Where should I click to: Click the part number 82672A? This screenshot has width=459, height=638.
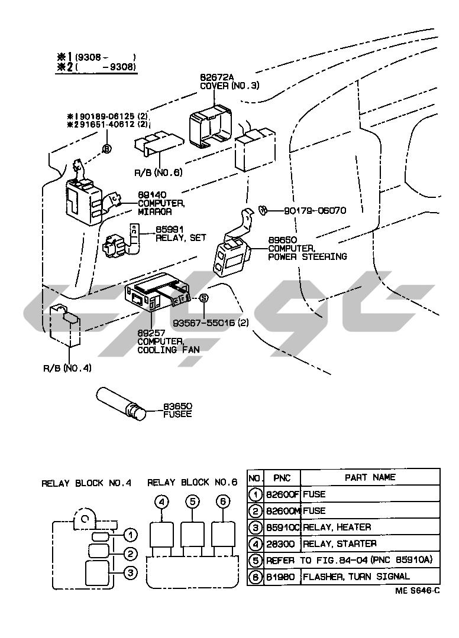tap(216, 77)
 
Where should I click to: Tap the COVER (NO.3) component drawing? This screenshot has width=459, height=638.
tap(211, 126)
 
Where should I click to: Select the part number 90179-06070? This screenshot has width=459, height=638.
tap(315, 210)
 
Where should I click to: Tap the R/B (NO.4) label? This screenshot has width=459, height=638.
tap(67, 368)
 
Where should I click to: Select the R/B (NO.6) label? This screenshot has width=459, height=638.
tap(159, 172)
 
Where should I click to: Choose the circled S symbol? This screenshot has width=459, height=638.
tap(203, 298)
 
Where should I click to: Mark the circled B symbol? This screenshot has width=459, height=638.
tap(106, 149)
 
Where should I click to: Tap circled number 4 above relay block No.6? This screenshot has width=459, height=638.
tap(161, 502)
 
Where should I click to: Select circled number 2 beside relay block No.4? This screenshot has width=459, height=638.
tap(130, 554)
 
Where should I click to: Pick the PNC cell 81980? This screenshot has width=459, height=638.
tap(282, 577)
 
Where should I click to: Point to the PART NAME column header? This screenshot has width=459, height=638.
tap(370, 477)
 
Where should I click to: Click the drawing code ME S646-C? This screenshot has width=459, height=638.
tap(417, 591)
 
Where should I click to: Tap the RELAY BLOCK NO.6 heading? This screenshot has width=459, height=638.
tap(192, 483)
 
